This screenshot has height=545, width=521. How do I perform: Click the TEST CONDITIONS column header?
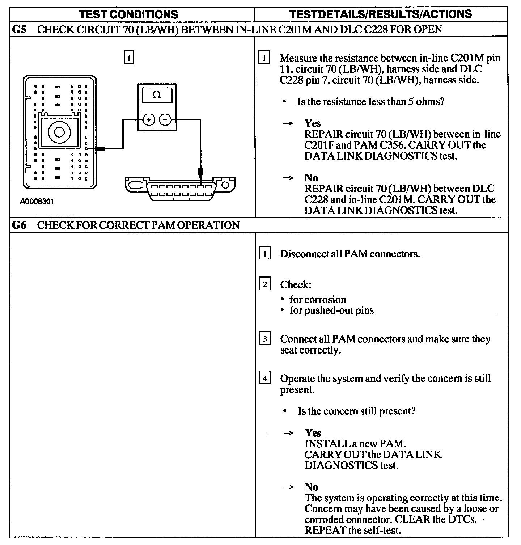point(128,14)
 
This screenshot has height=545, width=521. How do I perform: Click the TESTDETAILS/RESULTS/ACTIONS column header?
point(381,14)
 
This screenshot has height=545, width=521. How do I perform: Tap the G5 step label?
point(19,29)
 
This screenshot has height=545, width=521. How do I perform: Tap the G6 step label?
point(19,225)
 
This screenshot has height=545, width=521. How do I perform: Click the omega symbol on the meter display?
point(157,95)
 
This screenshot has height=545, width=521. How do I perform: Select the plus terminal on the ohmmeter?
point(149,119)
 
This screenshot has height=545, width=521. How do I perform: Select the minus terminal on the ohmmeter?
point(165,119)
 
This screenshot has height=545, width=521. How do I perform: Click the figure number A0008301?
point(37,201)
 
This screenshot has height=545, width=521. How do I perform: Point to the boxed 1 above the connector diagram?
point(128,58)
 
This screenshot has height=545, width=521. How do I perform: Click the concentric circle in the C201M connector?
point(58,132)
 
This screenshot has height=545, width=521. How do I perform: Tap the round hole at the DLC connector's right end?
point(225,185)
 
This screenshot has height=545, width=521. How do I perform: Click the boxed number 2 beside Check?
point(264,284)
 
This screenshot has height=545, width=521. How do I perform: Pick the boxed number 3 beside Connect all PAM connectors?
point(264,339)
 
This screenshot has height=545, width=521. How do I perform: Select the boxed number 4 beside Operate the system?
point(264,379)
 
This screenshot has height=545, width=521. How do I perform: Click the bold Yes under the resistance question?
point(313,123)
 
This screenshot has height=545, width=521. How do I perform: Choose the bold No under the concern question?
point(311,487)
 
